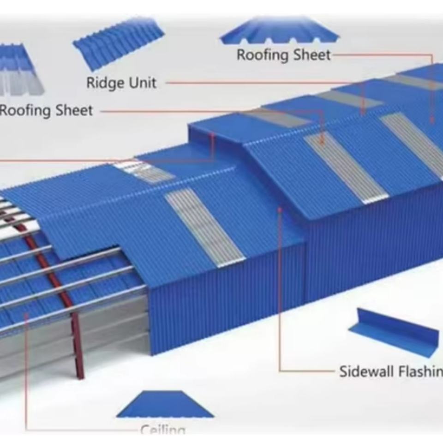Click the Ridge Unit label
[121, 83]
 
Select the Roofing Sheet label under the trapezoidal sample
[283, 55]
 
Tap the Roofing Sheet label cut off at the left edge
[46, 111]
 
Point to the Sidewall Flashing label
[390, 371]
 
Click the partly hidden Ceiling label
[163, 430]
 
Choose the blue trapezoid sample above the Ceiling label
[165, 405]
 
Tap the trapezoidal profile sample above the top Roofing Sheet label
[280, 31]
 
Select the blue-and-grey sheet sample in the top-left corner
[21, 69]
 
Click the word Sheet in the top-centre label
[312, 55]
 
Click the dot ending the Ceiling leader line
[26, 316]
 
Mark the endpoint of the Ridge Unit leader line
[363, 112]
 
